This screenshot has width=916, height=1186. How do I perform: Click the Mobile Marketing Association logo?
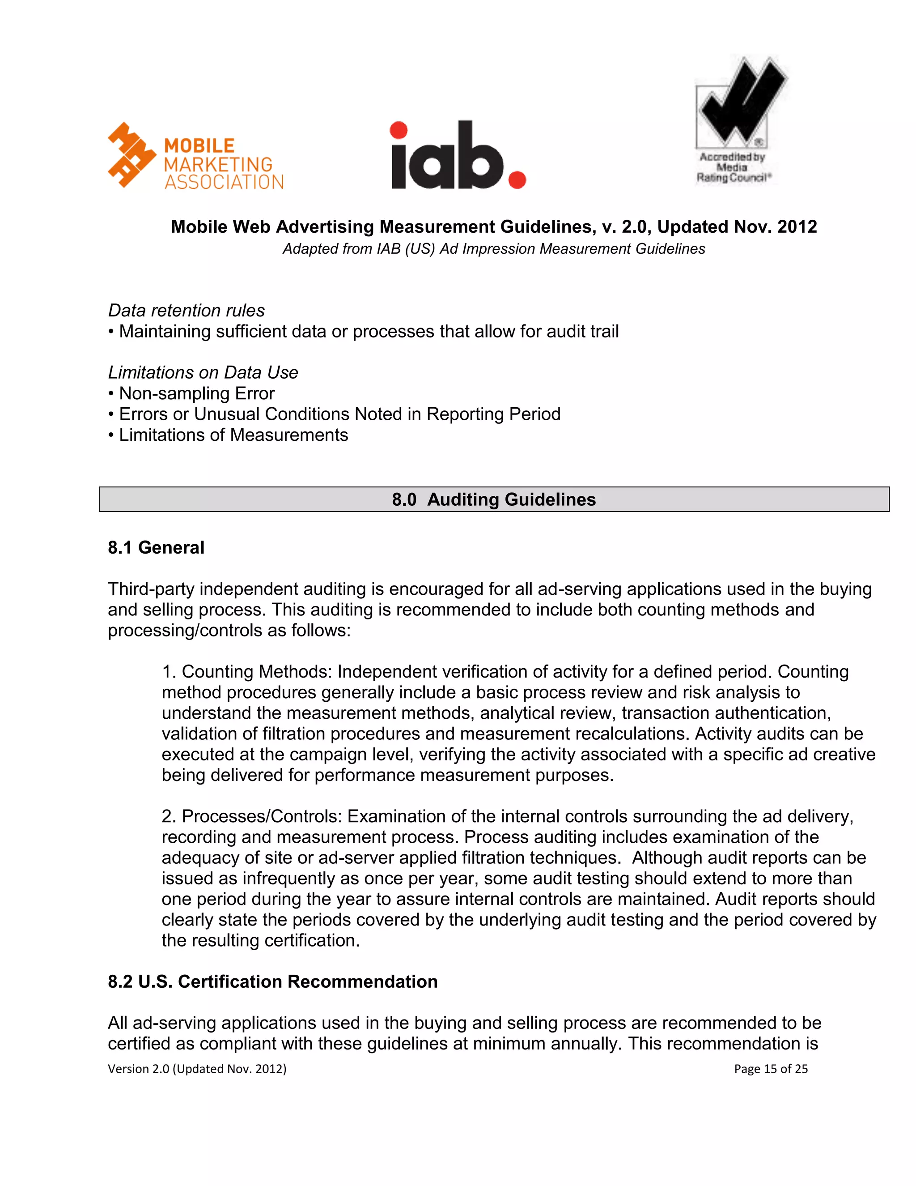pyautogui.click(x=195, y=156)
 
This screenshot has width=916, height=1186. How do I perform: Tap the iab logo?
pyautogui.click(x=458, y=156)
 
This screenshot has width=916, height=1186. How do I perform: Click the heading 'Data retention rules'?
pyautogui.click(x=186, y=310)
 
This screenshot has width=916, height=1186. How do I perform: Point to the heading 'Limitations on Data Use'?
pyautogui.click(x=203, y=372)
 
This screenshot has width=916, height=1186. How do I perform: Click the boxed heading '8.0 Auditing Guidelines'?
pyautogui.click(x=494, y=499)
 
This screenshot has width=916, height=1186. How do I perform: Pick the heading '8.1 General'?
pyautogui.click(x=156, y=547)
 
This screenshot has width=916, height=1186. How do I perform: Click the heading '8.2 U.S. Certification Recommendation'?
pyautogui.click(x=272, y=981)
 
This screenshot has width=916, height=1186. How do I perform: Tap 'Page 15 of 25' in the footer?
pyautogui.click(x=771, y=1069)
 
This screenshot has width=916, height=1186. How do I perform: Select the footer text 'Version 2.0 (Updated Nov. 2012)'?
pyautogui.click(x=197, y=1069)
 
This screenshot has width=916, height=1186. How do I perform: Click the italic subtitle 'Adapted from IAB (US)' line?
pyautogui.click(x=494, y=249)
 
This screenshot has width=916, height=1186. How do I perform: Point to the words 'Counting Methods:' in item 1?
pyautogui.click(x=256, y=672)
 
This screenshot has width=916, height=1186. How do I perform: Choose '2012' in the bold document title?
pyautogui.click(x=797, y=226)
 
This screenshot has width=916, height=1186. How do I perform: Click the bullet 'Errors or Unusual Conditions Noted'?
pyautogui.click(x=339, y=414)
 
